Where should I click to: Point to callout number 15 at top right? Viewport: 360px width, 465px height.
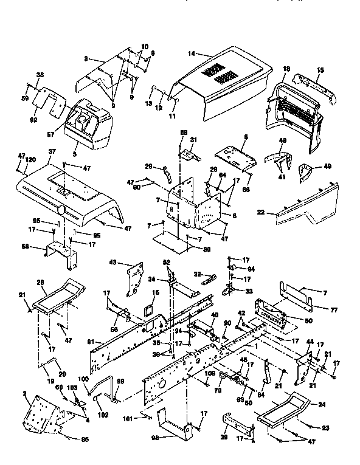tap(320, 70)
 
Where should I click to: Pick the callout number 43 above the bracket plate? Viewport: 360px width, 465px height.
tap(113, 263)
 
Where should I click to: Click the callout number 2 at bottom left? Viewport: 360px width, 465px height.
tap(25, 395)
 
